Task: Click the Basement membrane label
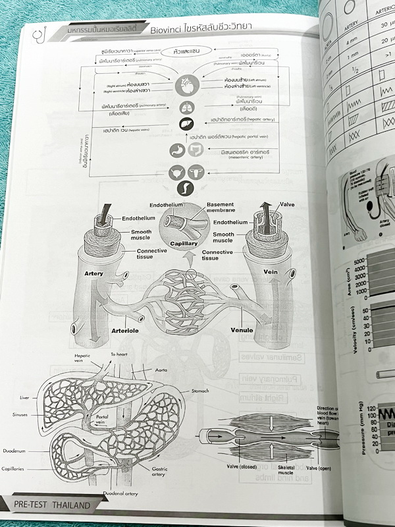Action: (224, 209)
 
